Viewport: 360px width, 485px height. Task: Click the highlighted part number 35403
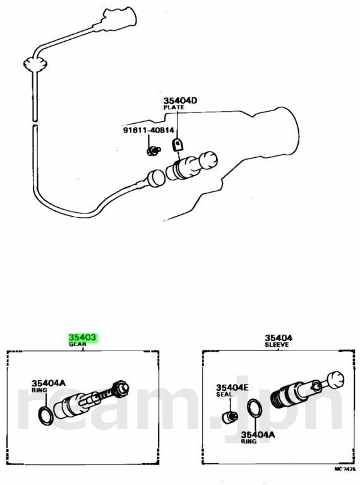click(x=83, y=337)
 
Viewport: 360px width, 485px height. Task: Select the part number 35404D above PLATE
click(x=180, y=101)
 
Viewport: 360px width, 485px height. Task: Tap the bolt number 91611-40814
click(x=149, y=130)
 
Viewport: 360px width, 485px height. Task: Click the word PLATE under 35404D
click(x=174, y=107)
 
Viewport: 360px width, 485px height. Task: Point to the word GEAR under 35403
click(x=77, y=344)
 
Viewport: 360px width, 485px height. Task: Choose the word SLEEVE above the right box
click(x=277, y=345)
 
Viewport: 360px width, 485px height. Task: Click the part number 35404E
click(x=232, y=388)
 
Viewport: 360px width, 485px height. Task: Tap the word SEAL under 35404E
click(x=224, y=394)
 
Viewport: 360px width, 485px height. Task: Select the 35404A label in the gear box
click(x=49, y=383)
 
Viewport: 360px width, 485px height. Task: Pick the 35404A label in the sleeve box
click(x=258, y=435)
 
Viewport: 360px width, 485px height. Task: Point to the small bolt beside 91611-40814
click(x=153, y=151)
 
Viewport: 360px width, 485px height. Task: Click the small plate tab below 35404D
click(x=177, y=145)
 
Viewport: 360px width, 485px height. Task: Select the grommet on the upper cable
click(x=35, y=64)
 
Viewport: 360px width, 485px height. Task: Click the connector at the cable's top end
click(x=119, y=19)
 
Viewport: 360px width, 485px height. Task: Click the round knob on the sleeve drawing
click(x=335, y=379)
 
